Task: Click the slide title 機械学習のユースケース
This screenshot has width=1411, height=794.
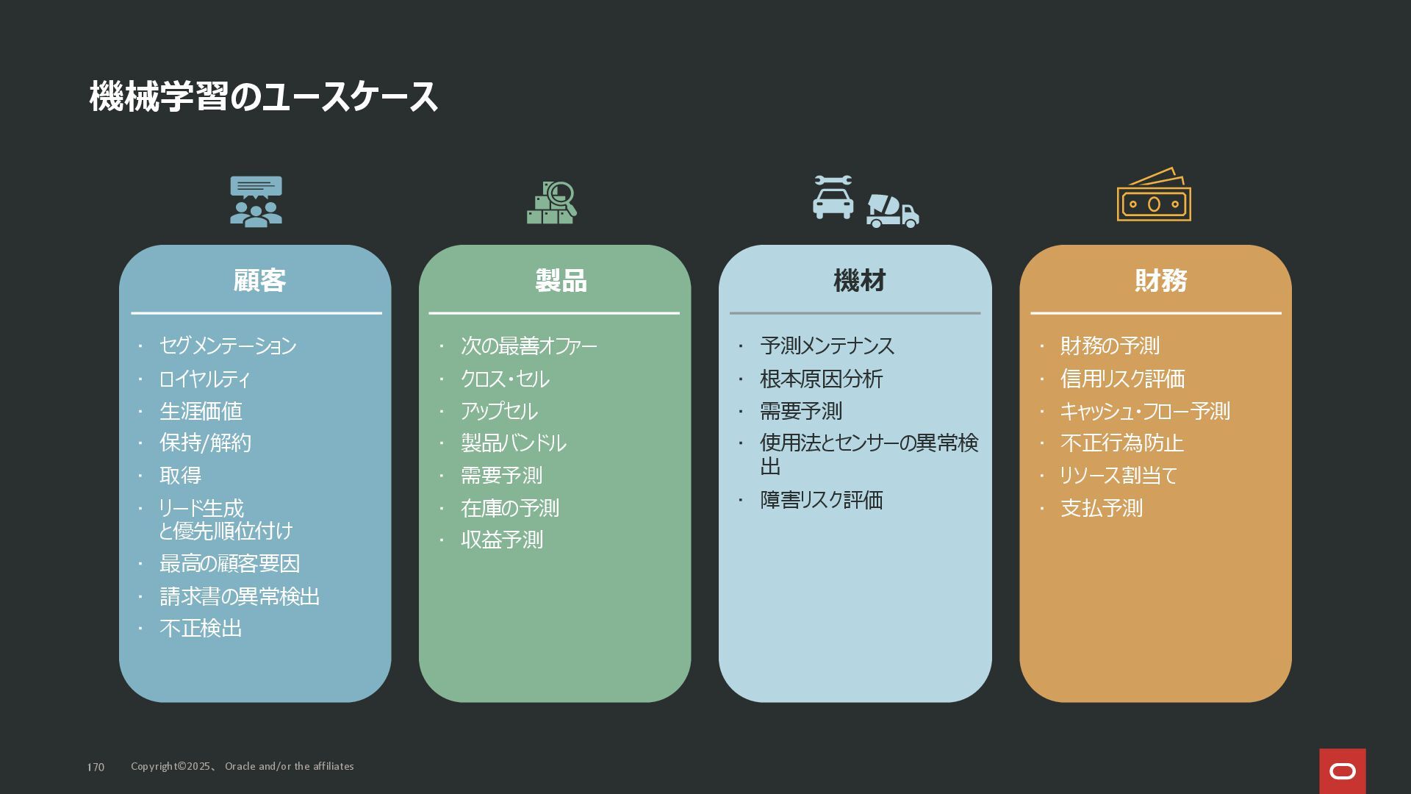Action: click(x=263, y=97)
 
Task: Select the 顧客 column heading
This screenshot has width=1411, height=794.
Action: click(x=259, y=281)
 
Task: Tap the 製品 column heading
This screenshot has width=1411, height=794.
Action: click(x=561, y=281)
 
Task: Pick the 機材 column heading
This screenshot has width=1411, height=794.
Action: click(x=859, y=281)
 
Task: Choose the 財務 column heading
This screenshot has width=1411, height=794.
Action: click(x=1160, y=281)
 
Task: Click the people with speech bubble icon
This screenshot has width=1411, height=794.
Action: click(x=256, y=201)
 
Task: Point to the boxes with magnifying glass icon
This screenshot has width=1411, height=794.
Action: click(x=552, y=203)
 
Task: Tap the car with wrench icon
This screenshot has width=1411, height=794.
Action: click(x=833, y=197)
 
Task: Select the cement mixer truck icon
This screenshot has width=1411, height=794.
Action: click(x=892, y=211)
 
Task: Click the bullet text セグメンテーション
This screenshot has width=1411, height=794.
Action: click(x=228, y=346)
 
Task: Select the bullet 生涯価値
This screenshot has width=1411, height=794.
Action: click(x=201, y=411)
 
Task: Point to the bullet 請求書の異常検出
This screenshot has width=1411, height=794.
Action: click(x=240, y=596)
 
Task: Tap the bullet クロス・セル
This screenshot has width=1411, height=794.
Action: click(x=505, y=379)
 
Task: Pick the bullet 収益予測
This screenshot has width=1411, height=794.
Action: click(x=502, y=540)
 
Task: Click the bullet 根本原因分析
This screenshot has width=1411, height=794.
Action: click(x=821, y=379)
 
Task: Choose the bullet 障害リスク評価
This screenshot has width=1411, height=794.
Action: click(x=821, y=500)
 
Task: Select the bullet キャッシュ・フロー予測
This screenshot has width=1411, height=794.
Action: click(x=1144, y=411)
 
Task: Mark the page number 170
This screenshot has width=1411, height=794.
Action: click(x=96, y=767)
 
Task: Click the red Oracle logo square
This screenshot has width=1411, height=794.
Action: click(x=1342, y=771)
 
